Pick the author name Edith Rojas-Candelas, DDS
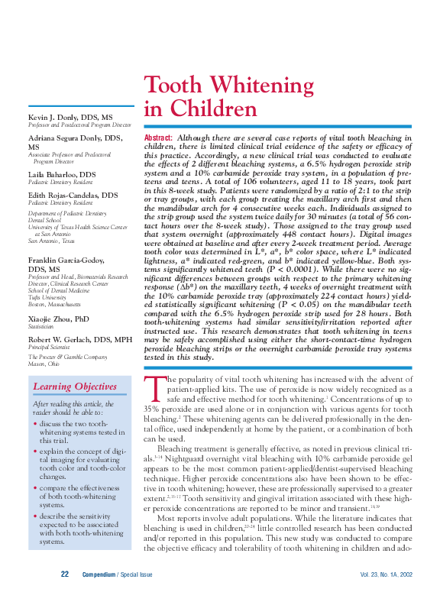73,196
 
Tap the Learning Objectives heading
74,387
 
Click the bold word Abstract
158,137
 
